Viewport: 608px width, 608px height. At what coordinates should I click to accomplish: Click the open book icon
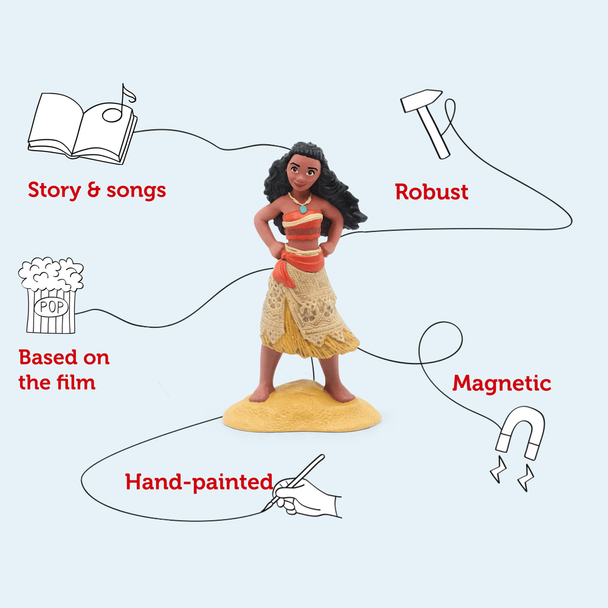point(82,128)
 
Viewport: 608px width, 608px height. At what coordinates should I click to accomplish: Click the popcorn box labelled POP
point(51,295)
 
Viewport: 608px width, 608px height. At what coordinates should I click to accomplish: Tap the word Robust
point(431,192)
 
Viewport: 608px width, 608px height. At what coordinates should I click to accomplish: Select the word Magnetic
point(502,384)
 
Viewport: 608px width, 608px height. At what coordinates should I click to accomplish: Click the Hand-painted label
point(199,482)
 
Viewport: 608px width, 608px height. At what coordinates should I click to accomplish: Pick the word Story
point(54,190)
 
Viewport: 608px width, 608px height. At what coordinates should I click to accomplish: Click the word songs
point(136,191)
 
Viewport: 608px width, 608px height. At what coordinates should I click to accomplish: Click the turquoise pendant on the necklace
point(303,209)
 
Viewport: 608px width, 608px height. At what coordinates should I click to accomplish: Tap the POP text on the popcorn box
point(51,307)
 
